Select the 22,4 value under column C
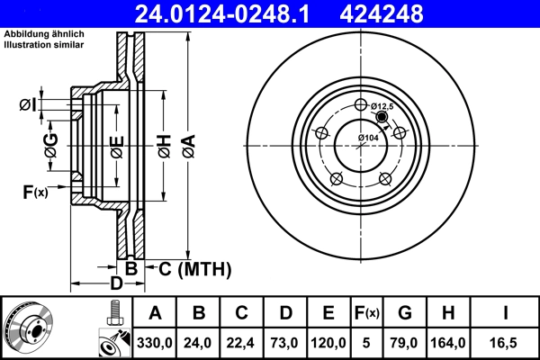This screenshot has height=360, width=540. [241, 342]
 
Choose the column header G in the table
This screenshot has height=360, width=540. [404, 314]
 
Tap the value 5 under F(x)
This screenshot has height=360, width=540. [365, 342]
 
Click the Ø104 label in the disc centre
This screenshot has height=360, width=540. [367, 137]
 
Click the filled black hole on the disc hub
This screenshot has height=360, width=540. [382, 117]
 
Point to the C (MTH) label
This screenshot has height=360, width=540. [194, 268]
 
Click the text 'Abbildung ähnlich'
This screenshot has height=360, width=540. [44, 34]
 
